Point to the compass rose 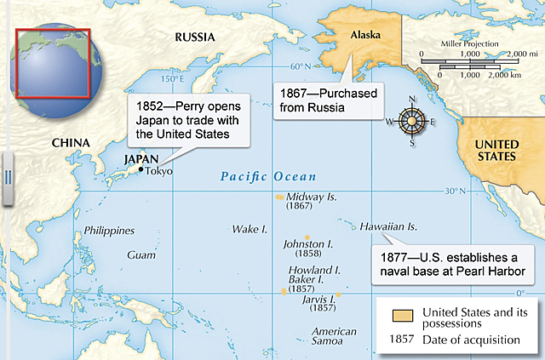[x=412, y=121]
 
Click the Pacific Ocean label [x=267, y=177]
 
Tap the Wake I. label [x=250, y=230]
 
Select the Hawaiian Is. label [x=388, y=227]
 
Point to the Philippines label [x=109, y=231]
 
